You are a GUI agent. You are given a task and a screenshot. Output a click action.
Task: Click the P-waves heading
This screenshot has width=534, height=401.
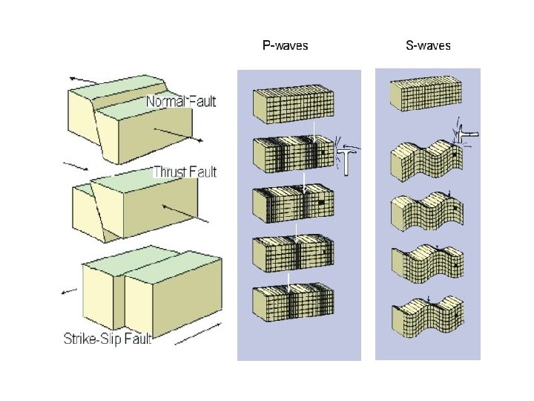286,45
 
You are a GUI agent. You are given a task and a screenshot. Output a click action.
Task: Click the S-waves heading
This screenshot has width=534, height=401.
428,45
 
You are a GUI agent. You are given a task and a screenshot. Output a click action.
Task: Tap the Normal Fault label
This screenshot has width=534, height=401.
181,101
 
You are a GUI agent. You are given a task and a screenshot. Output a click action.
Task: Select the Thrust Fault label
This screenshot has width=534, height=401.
185,172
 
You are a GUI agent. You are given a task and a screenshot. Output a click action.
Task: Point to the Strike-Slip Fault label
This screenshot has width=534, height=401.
108,339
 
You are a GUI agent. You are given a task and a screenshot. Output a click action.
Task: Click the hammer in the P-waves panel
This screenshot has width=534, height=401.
345,155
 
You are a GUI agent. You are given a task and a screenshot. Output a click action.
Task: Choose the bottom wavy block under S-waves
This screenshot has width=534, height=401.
426,316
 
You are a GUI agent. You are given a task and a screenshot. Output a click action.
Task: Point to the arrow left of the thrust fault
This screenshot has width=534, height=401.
76,163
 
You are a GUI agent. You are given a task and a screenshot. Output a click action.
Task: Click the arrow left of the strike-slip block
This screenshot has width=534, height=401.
71,291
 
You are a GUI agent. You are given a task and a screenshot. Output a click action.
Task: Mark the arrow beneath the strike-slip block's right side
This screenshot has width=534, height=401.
200,333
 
